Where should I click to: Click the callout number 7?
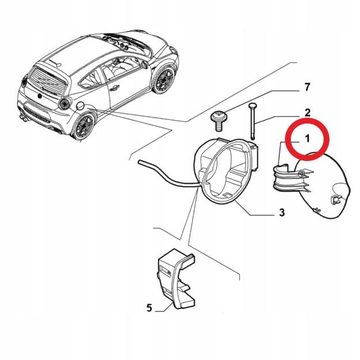[x=307, y=88]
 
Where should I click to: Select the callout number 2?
[x=307, y=112]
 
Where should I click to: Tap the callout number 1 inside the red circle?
[x=307, y=138]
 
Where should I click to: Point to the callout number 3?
[x=282, y=213]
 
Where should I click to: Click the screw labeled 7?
[x=219, y=119]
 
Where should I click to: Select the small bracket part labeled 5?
[x=173, y=277]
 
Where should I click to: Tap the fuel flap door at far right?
[x=326, y=185]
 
